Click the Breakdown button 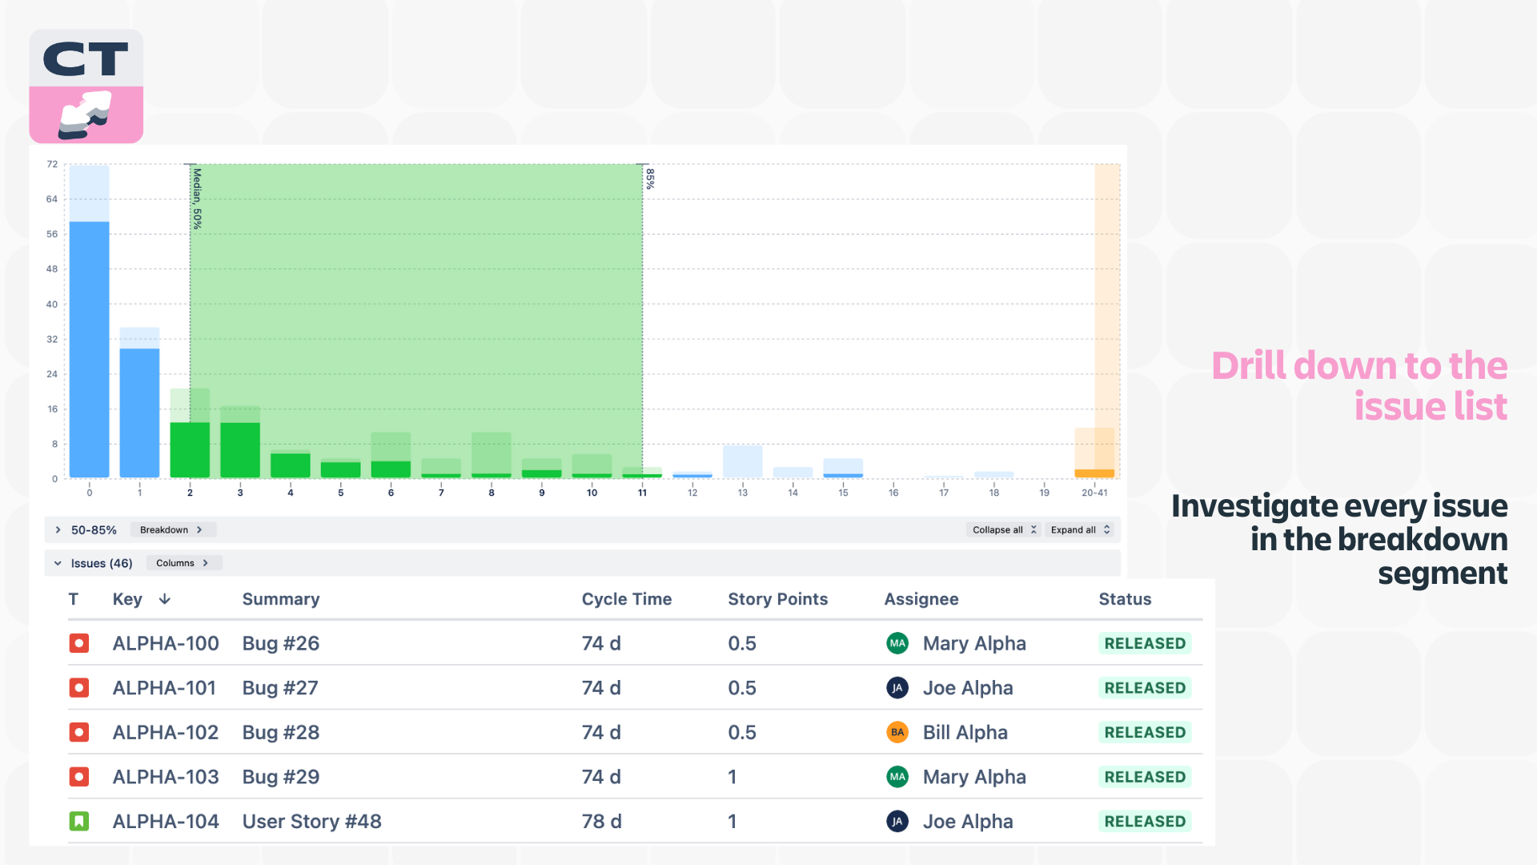pyautogui.click(x=172, y=530)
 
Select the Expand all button pyautogui.click(x=1080, y=530)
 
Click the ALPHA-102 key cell pyautogui.click(x=166, y=732)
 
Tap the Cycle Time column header pyautogui.click(x=627, y=599)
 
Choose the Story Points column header pyautogui.click(x=778, y=599)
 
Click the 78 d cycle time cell pyautogui.click(x=602, y=821)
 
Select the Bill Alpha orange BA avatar pyautogui.click(x=897, y=732)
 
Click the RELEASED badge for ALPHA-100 pyautogui.click(x=1145, y=643)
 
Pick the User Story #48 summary pyautogui.click(x=312, y=821)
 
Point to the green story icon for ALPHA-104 pyautogui.click(x=79, y=821)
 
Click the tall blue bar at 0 pyautogui.click(x=90, y=349)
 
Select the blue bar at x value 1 pyautogui.click(x=139, y=413)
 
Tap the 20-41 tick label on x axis pyautogui.click(x=1094, y=493)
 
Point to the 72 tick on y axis pyautogui.click(x=52, y=164)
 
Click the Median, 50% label pyautogui.click(x=197, y=199)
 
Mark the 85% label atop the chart pyautogui.click(x=650, y=179)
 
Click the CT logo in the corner pyautogui.click(x=86, y=86)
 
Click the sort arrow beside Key pyautogui.click(x=165, y=599)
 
